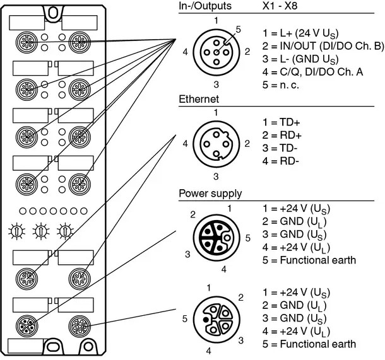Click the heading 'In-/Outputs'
[205, 6]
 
